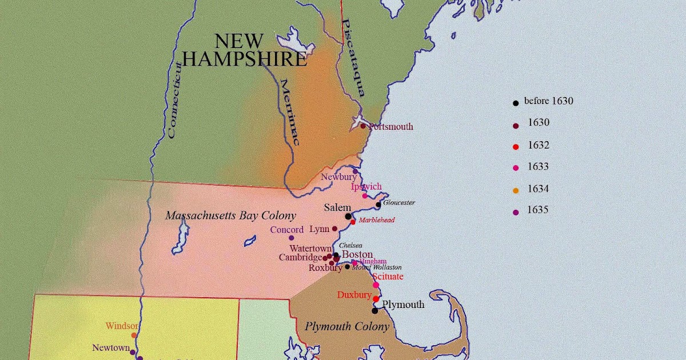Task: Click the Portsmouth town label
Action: (x=391, y=127)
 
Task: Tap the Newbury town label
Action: (x=338, y=177)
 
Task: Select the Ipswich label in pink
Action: (x=366, y=187)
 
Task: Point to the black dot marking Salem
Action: (x=348, y=216)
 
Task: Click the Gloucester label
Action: (x=399, y=203)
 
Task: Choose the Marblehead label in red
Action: (x=377, y=220)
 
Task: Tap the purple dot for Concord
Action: (x=291, y=238)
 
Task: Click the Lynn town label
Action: (x=319, y=229)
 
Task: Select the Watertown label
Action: (x=310, y=249)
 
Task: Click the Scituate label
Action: (x=388, y=277)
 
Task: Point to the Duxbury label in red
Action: (x=354, y=295)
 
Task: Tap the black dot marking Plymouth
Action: (x=375, y=311)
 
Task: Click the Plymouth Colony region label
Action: (x=346, y=327)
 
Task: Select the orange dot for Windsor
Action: (x=134, y=335)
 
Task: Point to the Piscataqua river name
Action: (x=352, y=57)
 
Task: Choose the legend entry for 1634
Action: (x=538, y=189)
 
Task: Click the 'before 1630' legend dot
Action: (x=516, y=103)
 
